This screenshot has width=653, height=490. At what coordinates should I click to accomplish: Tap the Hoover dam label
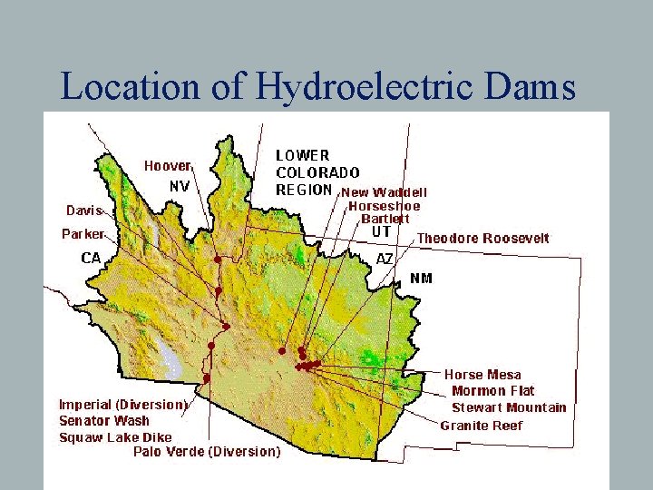pyautogui.click(x=167, y=166)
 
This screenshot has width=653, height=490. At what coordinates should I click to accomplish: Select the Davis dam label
pyautogui.click(x=83, y=211)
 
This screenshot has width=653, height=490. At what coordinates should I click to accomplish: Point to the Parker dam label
pyautogui.click(x=83, y=234)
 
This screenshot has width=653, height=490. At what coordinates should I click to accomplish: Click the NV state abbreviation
pyautogui.click(x=180, y=186)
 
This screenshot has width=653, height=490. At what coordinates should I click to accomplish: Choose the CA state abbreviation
pyautogui.click(x=91, y=258)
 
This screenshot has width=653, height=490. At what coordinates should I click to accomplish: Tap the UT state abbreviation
pyautogui.click(x=382, y=232)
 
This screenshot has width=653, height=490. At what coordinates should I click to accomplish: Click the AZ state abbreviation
pyautogui.click(x=385, y=258)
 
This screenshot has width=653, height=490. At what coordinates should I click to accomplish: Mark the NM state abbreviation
pyautogui.click(x=422, y=278)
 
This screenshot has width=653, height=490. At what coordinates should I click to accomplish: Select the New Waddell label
pyautogui.click(x=384, y=192)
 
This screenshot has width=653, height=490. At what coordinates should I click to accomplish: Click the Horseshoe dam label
pyautogui.click(x=385, y=206)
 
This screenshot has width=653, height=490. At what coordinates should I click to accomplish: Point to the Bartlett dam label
pyautogui.click(x=385, y=219)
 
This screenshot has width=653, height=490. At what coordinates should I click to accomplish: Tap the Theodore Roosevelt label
pyautogui.click(x=482, y=239)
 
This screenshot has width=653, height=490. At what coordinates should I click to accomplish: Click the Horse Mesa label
pyautogui.click(x=482, y=375)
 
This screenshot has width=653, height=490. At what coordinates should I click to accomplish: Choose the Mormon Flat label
pyautogui.click(x=493, y=391)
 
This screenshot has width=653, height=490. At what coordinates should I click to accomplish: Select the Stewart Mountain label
pyautogui.click(x=509, y=407)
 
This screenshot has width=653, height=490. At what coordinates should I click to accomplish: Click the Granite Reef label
pyautogui.click(x=482, y=426)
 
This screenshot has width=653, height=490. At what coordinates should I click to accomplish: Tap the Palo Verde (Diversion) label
pyautogui.click(x=207, y=451)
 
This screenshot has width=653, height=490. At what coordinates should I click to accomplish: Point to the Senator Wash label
pyautogui.click(x=104, y=420)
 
